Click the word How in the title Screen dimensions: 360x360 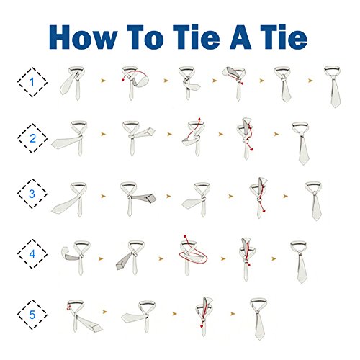pos(83,37)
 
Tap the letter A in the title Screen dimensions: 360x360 pos(241,37)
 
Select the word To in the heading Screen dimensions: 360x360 pos(145,37)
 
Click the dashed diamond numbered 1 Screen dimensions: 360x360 pos(32,82)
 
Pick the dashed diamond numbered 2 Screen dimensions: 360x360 pos(32,138)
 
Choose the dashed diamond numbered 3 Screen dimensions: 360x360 pos(32,194)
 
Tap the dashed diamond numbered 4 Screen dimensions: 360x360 pos(32,254)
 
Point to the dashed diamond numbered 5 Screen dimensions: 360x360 pos(32,315)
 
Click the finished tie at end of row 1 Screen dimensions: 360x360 pos(333,86)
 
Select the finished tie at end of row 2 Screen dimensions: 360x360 pos(302,143)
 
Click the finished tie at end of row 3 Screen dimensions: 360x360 pos(315,201)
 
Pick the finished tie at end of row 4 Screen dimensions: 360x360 pos(300,261)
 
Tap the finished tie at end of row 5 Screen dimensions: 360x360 pos(258,319)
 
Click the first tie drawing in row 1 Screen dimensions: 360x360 pos(73,84)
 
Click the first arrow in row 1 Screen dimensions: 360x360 pos(103,81)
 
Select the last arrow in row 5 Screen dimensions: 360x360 pos(233,314)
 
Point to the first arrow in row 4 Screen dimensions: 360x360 pos(101,258)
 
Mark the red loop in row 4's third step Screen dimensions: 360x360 pos(194,257)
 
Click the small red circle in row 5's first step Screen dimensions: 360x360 pos(68,307)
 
